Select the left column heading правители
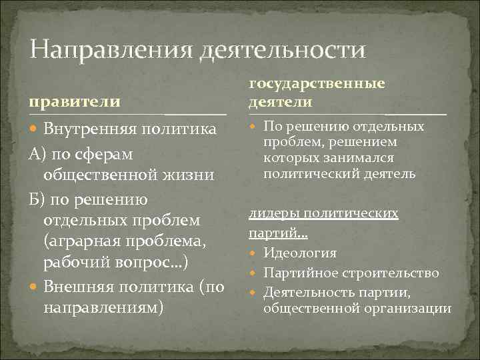pyautogui.click(x=74, y=101)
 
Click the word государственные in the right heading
pyautogui.click(x=317, y=84)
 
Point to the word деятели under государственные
pyautogui.click(x=280, y=101)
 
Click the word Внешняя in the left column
pyautogui.click(x=80, y=287)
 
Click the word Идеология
pyautogui.click(x=300, y=253)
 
